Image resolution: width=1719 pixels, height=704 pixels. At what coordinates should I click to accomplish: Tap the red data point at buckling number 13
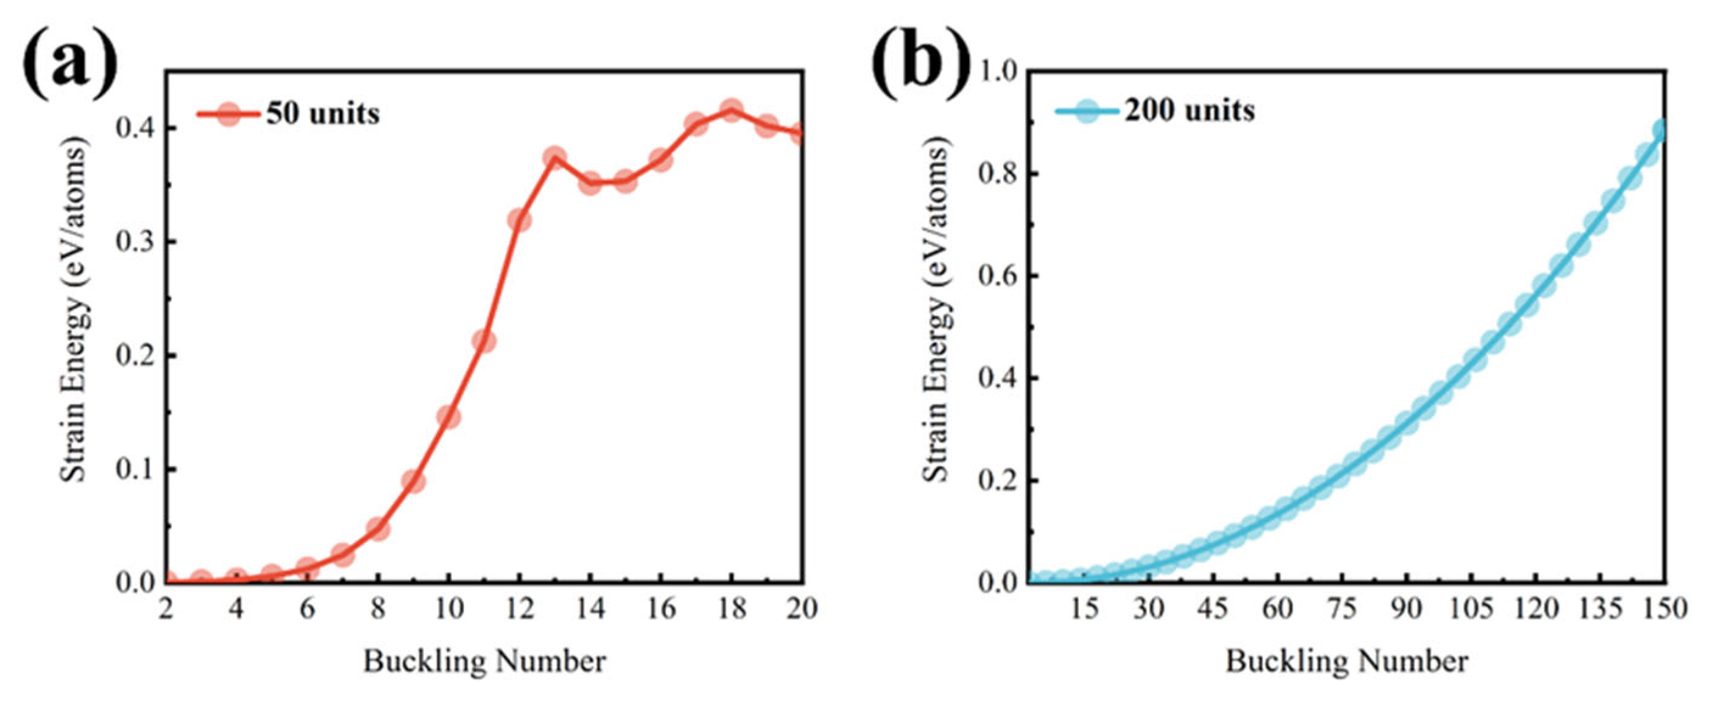tap(555, 158)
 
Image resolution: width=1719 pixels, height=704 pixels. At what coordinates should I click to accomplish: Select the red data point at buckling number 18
tap(732, 110)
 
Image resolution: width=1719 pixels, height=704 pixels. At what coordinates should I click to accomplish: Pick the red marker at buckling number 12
tap(519, 220)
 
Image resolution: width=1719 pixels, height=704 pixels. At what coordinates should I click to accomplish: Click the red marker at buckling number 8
tap(377, 529)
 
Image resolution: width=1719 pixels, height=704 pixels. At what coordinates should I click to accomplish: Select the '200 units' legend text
tap(1190, 110)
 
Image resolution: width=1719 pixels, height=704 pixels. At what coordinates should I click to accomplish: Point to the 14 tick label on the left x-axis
tap(590, 608)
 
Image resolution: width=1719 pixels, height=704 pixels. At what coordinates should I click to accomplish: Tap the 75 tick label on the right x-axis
tap(1342, 608)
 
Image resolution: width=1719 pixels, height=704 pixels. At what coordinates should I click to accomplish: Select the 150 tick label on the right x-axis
tap(1664, 608)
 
